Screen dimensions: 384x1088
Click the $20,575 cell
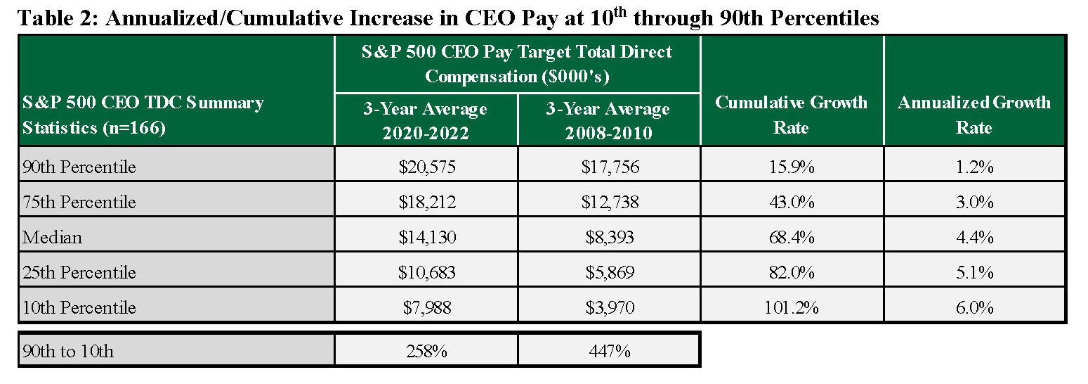click(x=426, y=167)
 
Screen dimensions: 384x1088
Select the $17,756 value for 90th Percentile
click(x=609, y=167)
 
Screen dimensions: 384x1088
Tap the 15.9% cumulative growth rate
click(x=792, y=167)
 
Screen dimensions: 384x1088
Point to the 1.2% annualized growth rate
click(x=974, y=167)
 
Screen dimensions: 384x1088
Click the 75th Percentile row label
click(x=79, y=203)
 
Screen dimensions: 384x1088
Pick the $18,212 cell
click(x=426, y=203)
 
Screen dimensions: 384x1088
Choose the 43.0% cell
click(x=792, y=203)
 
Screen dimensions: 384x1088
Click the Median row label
click(x=52, y=238)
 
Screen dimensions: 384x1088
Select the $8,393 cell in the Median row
click(x=609, y=238)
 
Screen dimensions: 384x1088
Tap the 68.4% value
click(x=792, y=238)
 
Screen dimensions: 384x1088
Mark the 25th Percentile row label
click(x=79, y=273)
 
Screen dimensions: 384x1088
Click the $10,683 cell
click(x=426, y=273)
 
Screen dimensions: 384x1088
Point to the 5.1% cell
click(x=974, y=273)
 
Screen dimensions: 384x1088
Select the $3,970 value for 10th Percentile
click(x=609, y=308)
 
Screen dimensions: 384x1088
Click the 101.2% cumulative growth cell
click(x=792, y=308)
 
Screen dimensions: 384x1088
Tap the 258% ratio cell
click(x=426, y=351)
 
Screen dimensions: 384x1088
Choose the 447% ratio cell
click(x=609, y=351)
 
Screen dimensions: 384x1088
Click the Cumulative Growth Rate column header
click(x=792, y=115)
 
